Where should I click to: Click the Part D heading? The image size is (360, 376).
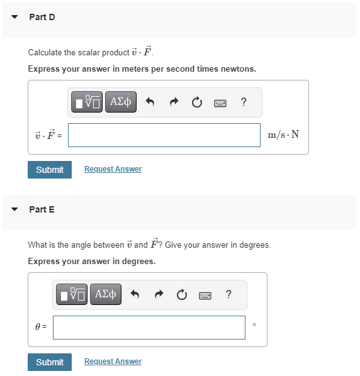(42, 17)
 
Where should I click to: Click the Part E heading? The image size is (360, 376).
(42, 209)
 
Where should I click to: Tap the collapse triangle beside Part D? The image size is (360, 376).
(14, 17)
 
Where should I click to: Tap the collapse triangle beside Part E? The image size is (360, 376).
(14, 209)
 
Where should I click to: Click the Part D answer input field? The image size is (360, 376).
(164, 135)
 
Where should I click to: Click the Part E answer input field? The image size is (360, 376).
(149, 328)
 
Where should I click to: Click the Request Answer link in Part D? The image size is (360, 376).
(113, 169)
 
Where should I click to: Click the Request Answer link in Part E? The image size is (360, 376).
(113, 362)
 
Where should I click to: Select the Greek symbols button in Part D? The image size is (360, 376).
(121, 102)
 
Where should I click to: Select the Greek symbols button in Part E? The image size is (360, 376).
(105, 294)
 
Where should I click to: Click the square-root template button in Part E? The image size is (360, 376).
(72, 294)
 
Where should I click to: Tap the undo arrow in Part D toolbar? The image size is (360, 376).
(150, 102)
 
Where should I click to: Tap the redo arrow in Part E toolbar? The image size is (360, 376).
(159, 295)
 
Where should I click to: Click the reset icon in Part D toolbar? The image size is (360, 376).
(197, 102)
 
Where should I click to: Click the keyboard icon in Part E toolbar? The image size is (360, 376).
(205, 295)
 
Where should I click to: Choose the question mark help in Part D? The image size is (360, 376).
(244, 102)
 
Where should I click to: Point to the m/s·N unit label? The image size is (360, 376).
(283, 135)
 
